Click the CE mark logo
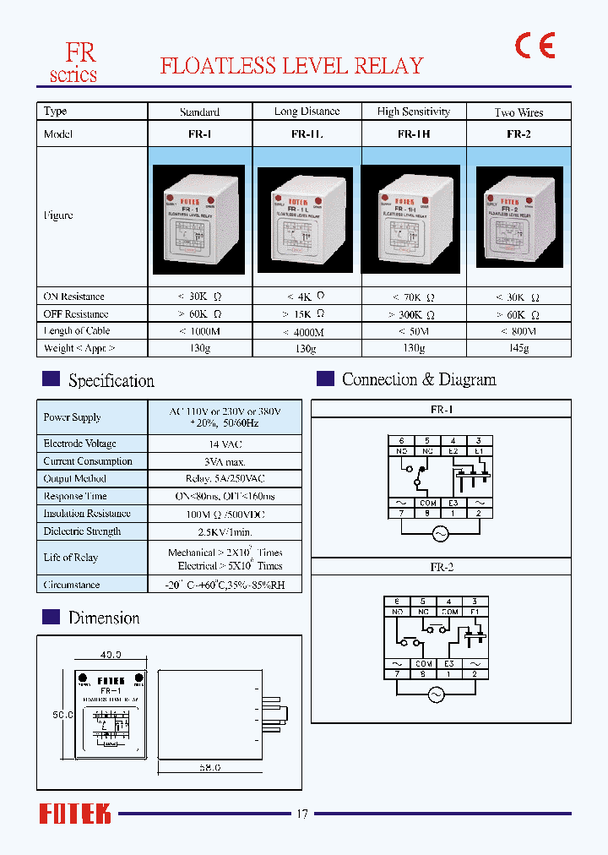tap(535, 46)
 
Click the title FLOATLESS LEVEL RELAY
tap(291, 66)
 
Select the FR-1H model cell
tap(414, 134)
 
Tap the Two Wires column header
tap(518, 112)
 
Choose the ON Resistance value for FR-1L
tap(308, 297)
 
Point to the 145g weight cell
tap(518, 348)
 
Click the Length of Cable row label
tap(77, 331)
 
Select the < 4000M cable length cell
tap(308, 331)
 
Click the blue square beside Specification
tap(51, 379)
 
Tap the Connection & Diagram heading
tap(419, 379)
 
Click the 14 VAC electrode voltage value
tap(225, 444)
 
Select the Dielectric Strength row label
tap(82, 531)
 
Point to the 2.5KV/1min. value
tap(225, 531)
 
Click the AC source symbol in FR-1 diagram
tap(440, 533)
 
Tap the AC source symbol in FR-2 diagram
tap(436, 694)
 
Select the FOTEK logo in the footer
tap(75, 814)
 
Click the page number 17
tap(302, 814)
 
